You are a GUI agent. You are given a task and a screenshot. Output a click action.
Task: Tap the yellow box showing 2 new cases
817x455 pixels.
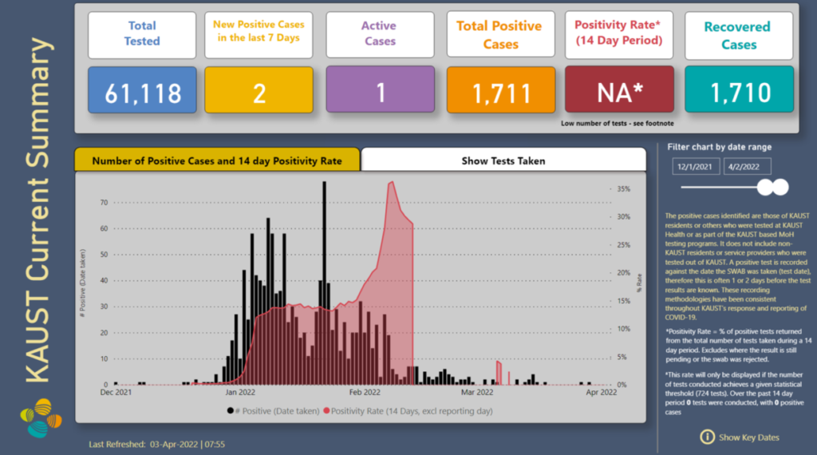(x=259, y=93)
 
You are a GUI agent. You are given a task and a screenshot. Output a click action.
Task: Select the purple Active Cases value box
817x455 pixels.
(x=380, y=93)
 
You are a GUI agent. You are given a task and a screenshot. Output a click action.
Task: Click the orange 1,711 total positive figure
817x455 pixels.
(x=501, y=93)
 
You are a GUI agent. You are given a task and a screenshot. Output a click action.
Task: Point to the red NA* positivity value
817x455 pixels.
(x=620, y=93)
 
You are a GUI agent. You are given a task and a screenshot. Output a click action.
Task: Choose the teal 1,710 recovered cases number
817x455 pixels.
(x=739, y=93)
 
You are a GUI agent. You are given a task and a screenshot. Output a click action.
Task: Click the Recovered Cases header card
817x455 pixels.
(x=739, y=35)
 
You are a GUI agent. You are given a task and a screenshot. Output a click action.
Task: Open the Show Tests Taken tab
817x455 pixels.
(x=503, y=160)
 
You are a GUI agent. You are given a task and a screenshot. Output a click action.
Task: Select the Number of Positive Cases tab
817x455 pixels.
(x=217, y=160)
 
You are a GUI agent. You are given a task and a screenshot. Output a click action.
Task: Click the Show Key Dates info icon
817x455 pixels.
(x=707, y=437)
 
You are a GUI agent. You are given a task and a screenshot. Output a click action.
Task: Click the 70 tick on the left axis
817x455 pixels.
(x=103, y=203)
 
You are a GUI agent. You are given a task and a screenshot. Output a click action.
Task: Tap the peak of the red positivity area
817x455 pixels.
(x=391, y=183)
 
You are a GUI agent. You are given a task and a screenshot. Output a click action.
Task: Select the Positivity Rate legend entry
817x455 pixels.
(x=408, y=411)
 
